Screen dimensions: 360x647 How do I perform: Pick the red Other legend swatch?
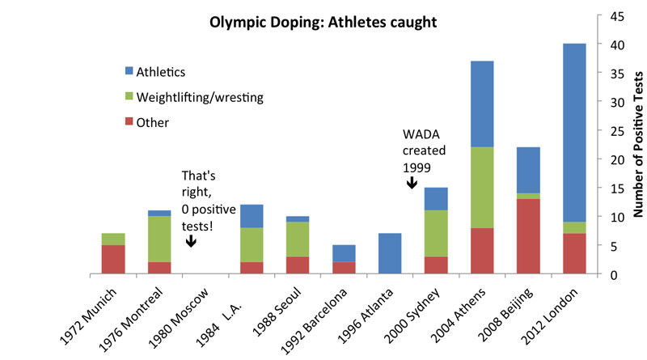124,123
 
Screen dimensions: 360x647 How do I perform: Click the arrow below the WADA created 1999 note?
411,183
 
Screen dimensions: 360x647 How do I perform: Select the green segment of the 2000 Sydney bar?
437,234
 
